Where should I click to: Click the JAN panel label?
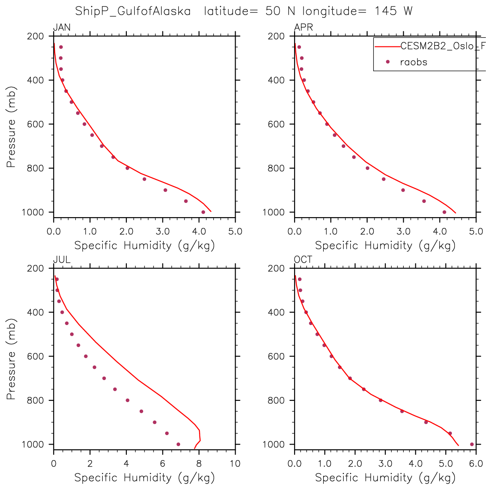pos(61,28)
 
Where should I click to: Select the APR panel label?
pos(303,28)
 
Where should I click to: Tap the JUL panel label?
pos(61,260)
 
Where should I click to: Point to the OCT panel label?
pos(303,260)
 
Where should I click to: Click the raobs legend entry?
pos(413,62)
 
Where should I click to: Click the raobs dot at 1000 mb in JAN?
pos(203,212)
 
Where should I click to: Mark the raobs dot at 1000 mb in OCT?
pos(472,444)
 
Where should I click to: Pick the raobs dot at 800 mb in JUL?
pos(127,400)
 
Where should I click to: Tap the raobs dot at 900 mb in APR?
pos(403,190)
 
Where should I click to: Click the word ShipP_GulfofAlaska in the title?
pos(133,11)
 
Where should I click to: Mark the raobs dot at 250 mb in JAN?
pos(61,47)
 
